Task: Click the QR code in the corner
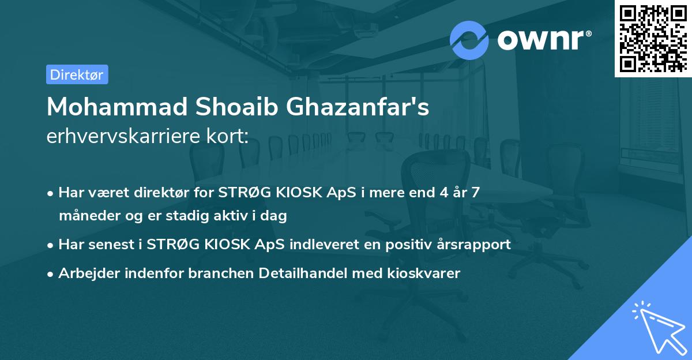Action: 652,38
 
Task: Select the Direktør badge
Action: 77,74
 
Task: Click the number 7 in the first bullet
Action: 475,193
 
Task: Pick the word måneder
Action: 86,216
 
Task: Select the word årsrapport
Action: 476,245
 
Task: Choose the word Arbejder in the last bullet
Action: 86,273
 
